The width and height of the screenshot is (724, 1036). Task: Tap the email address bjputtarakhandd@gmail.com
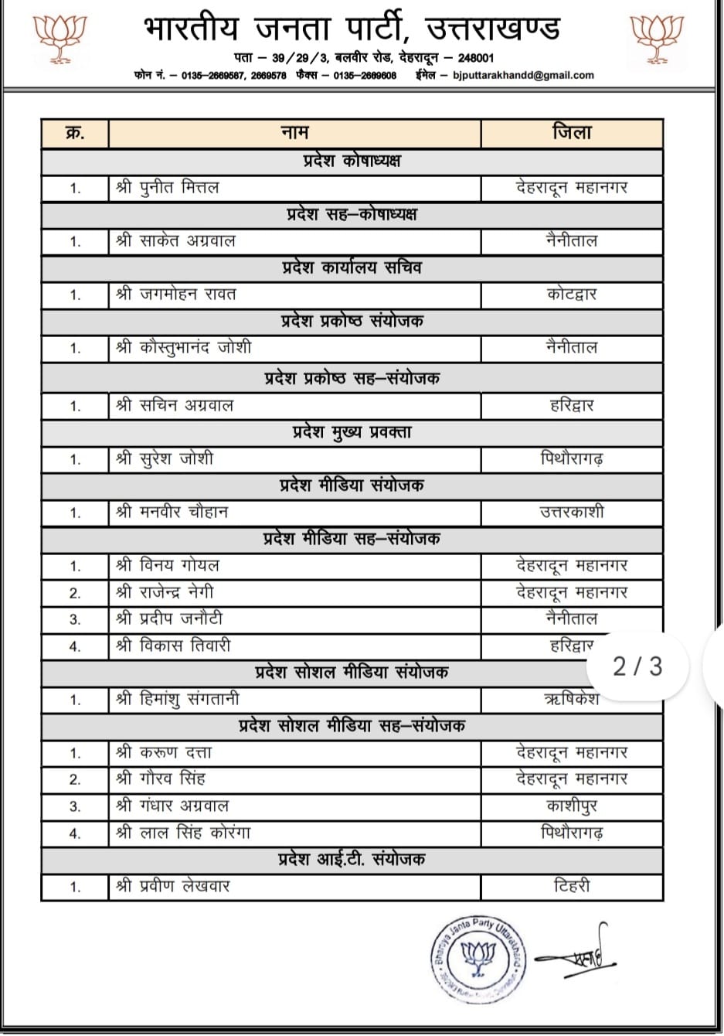(x=523, y=75)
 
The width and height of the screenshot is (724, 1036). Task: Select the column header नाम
(x=294, y=133)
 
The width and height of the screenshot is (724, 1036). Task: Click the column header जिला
(x=572, y=133)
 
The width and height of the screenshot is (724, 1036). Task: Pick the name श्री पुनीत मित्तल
(x=168, y=188)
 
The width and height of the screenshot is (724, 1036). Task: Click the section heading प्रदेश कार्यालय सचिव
(x=352, y=268)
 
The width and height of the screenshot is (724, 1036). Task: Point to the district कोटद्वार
(x=572, y=295)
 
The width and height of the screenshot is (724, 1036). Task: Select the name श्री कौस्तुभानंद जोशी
(x=184, y=348)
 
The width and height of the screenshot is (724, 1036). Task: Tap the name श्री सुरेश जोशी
(x=165, y=459)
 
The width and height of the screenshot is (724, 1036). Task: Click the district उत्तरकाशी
(x=572, y=513)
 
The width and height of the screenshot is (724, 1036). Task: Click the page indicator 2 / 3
(x=637, y=666)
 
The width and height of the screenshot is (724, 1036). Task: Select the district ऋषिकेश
(x=572, y=700)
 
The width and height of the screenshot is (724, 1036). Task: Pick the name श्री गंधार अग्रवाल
(x=172, y=806)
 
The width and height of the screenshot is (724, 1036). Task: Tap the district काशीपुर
(x=572, y=806)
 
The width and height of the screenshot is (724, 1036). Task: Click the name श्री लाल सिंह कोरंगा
(x=183, y=833)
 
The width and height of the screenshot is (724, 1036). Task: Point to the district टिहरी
(x=572, y=887)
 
